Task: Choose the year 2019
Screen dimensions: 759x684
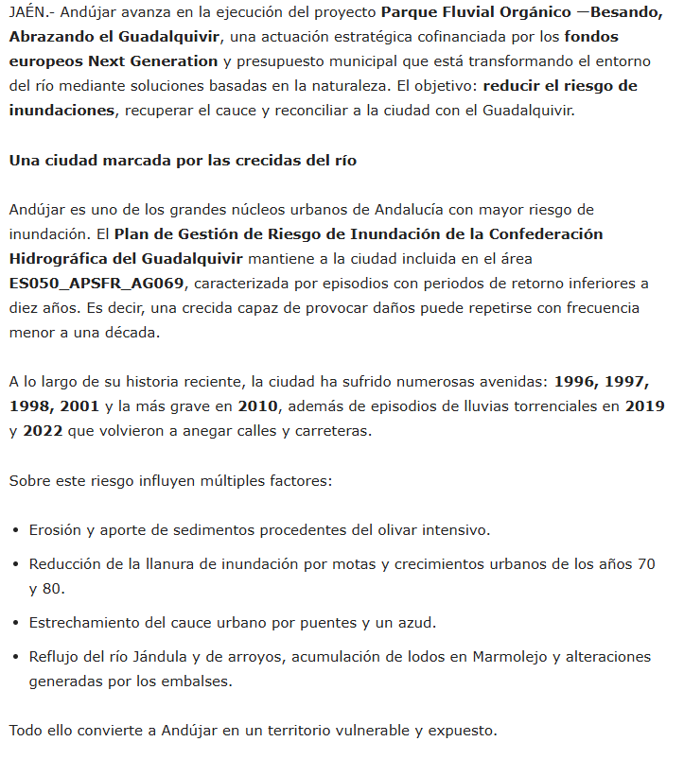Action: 644,406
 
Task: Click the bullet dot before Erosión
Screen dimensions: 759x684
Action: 16,530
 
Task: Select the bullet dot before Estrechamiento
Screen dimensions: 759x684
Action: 16,623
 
